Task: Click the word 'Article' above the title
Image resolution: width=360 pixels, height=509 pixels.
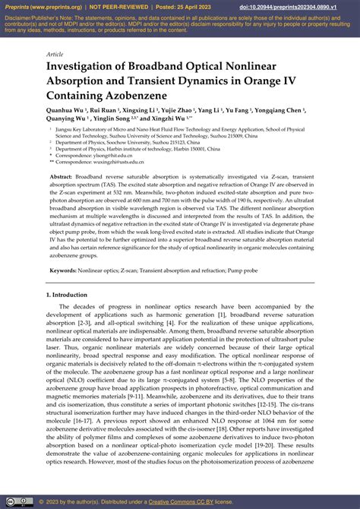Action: (55, 55)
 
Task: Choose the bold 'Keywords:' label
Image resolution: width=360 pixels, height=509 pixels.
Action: (66, 270)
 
